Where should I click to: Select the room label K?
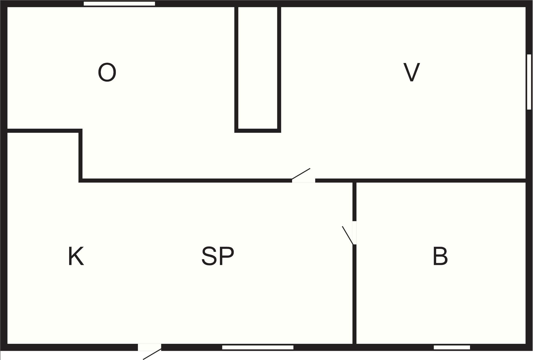click(x=76, y=256)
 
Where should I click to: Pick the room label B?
click(x=440, y=256)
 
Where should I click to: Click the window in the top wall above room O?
click(x=119, y=4)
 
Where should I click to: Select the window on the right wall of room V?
click(x=529, y=82)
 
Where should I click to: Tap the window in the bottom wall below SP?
click(x=258, y=347)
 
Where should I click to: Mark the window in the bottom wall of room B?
click(x=452, y=347)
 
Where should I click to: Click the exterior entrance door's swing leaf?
click(x=152, y=354)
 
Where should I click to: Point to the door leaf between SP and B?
click(x=348, y=235)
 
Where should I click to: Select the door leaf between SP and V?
click(x=301, y=174)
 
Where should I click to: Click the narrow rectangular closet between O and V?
click(x=258, y=68)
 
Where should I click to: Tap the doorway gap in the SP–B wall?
click(x=355, y=233)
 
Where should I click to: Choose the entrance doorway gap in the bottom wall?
click(x=149, y=347)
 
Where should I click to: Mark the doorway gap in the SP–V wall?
click(x=304, y=180)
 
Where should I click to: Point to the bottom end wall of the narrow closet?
click(x=258, y=131)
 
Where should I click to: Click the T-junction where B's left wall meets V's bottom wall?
click(x=355, y=180)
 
